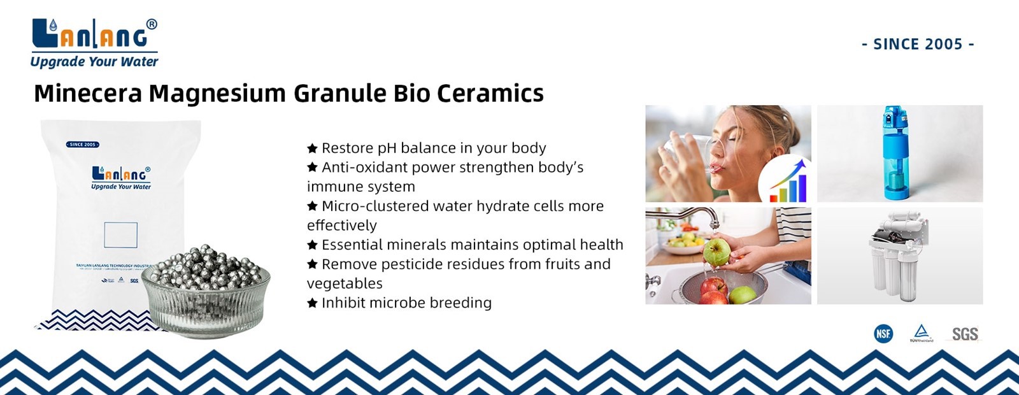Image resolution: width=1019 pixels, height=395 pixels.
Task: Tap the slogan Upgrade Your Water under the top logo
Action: tap(94, 62)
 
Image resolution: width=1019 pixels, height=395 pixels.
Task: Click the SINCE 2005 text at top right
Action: tap(918, 44)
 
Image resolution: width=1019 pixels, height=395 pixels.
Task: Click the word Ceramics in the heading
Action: tap(490, 93)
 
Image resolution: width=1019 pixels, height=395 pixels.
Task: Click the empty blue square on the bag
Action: tap(120, 235)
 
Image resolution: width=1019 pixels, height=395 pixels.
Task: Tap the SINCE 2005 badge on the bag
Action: tap(83, 145)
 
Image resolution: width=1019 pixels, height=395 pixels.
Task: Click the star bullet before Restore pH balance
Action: tap(312, 148)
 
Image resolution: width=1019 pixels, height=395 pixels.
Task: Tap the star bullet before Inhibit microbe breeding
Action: tap(312, 303)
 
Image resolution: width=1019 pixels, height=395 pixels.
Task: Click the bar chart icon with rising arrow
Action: tap(788, 182)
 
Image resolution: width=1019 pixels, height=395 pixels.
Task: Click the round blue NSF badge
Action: tap(883, 333)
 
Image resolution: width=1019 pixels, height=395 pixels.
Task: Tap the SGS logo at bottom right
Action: tap(964, 334)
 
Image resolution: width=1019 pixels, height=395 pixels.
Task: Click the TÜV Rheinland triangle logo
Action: tap(921, 333)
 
